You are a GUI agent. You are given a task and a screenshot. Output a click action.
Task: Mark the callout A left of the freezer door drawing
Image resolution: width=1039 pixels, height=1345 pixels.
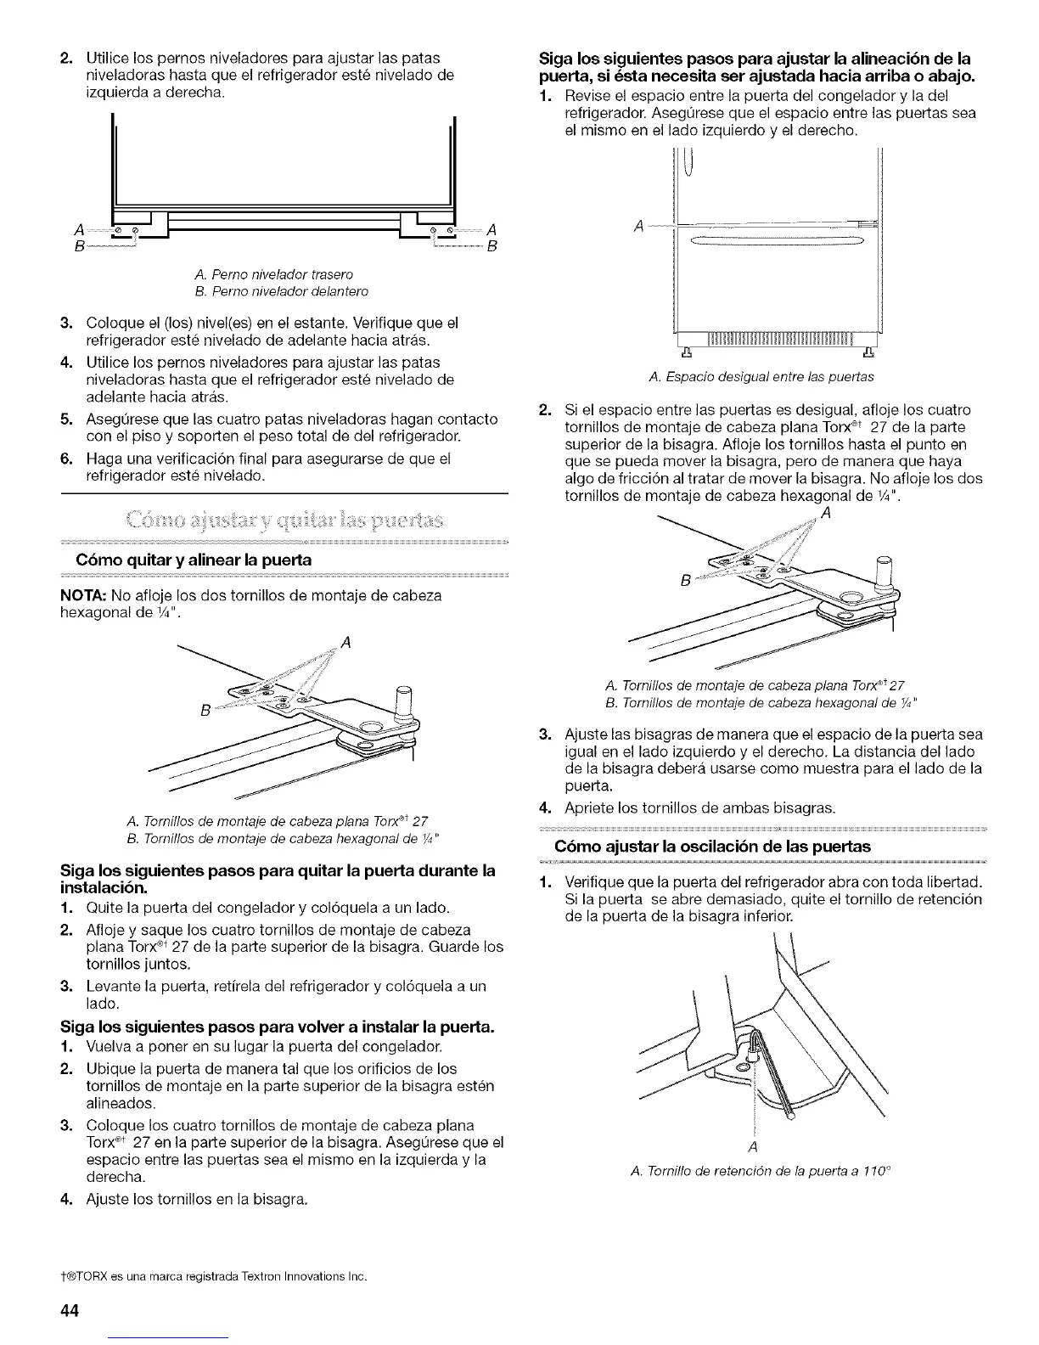(639, 226)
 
